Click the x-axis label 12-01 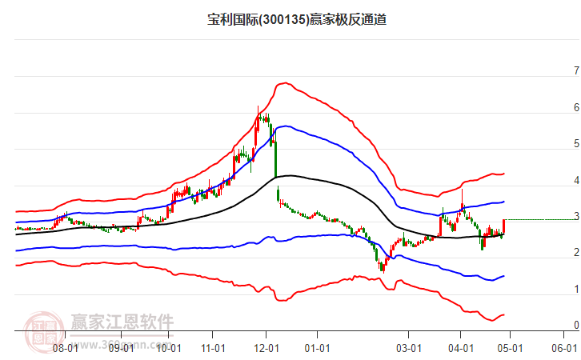point(266,348)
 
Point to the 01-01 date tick point(318,348)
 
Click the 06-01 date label point(564,348)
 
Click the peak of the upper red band point(282,82)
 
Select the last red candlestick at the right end point(503,226)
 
